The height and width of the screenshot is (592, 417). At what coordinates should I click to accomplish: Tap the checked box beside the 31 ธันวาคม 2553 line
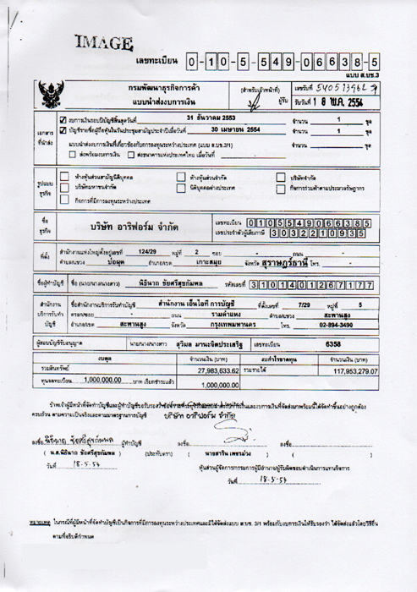tap(62, 121)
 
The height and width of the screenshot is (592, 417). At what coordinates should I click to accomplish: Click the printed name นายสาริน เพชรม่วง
tap(222, 452)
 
